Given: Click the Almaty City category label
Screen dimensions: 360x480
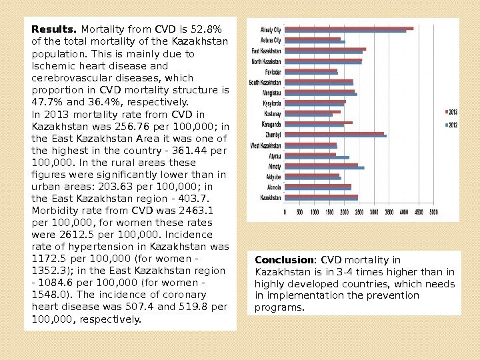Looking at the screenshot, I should [x=271, y=30].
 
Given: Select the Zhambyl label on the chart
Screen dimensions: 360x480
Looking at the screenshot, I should [x=273, y=135].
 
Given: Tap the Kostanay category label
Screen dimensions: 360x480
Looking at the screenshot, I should [x=272, y=113].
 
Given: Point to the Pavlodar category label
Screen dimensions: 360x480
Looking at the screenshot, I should [x=273, y=71].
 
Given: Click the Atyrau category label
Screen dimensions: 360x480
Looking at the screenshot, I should [x=274, y=155].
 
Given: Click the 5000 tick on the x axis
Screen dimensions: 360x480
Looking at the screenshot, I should [x=433, y=212].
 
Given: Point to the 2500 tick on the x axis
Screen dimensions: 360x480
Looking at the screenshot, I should [x=359, y=212].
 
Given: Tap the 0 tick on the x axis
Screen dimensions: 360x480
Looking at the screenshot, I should [x=285, y=212].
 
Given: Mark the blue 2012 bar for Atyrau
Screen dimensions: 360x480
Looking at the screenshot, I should [x=317, y=157].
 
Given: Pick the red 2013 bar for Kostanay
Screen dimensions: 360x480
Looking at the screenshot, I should [x=312, y=112].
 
